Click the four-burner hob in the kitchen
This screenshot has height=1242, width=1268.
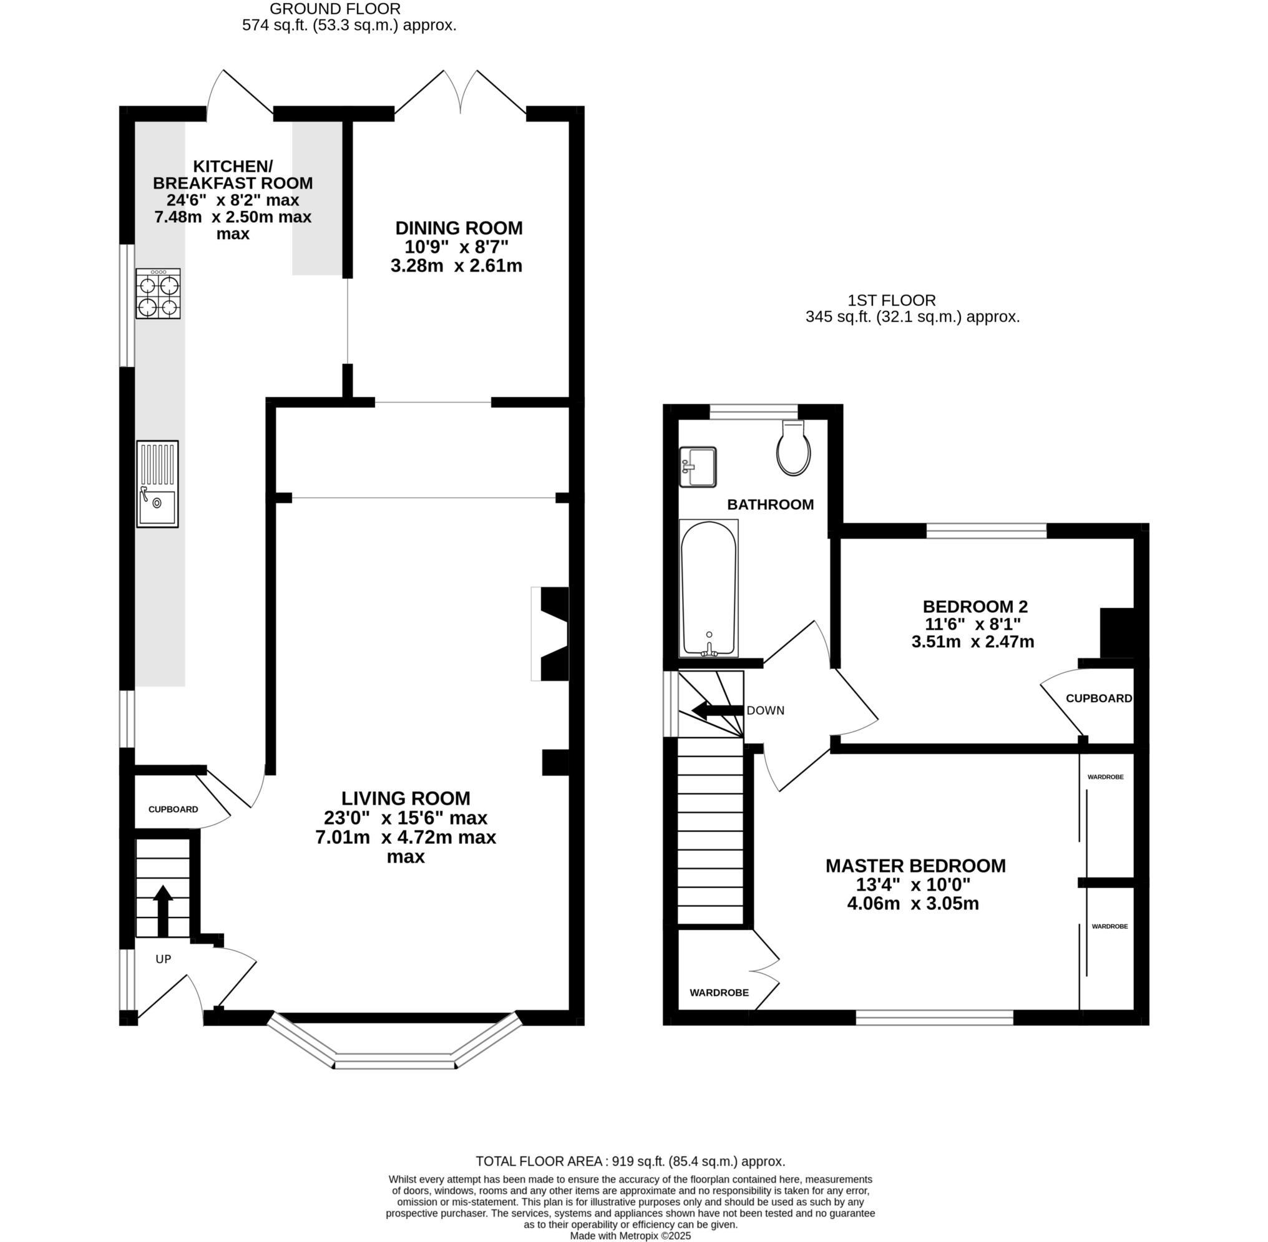[x=158, y=293]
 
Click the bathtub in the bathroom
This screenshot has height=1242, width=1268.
[x=708, y=588]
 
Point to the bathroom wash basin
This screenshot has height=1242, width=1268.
[x=697, y=466]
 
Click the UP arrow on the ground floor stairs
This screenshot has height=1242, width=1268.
[x=162, y=910]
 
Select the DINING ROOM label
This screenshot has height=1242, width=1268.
[x=459, y=228]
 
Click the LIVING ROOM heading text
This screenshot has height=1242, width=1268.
[x=406, y=798]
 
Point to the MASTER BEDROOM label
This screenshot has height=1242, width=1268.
[x=915, y=866]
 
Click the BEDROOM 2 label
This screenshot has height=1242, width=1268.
[x=975, y=607]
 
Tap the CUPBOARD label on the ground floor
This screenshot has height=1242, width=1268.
[x=173, y=809]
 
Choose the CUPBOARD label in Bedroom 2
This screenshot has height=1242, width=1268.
[x=1098, y=698]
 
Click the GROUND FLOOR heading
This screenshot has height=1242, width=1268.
[x=334, y=9]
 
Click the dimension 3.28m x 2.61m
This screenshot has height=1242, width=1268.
[x=456, y=266]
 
